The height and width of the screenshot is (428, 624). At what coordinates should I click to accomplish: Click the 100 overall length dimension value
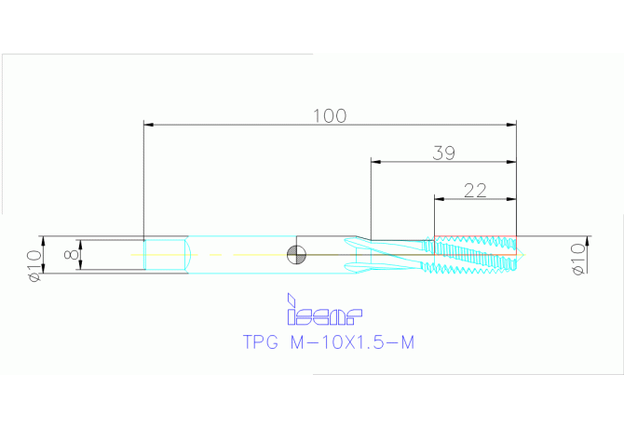pyautogui.click(x=329, y=116)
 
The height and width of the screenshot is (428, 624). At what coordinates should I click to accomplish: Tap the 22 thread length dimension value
pyautogui.click(x=475, y=190)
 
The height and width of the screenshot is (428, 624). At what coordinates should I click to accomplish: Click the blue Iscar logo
pyautogui.click(x=323, y=311)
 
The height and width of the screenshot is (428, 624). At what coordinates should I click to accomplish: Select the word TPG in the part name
pyautogui.click(x=261, y=343)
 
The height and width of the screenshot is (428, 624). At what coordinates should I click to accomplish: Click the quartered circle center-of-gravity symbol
pyautogui.click(x=296, y=254)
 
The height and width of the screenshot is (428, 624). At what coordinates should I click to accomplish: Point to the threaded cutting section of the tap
pyautogui.click(x=475, y=255)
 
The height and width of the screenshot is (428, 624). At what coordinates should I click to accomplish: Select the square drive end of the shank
pyautogui.click(x=166, y=254)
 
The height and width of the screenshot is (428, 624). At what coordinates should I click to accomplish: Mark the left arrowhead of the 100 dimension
pyautogui.click(x=147, y=124)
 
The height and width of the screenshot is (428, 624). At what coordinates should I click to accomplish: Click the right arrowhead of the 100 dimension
pyautogui.click(x=511, y=124)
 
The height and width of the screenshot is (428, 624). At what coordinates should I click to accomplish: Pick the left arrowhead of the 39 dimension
pyautogui.click(x=374, y=161)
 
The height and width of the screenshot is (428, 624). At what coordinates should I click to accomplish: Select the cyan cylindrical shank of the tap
pyautogui.click(x=242, y=254)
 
